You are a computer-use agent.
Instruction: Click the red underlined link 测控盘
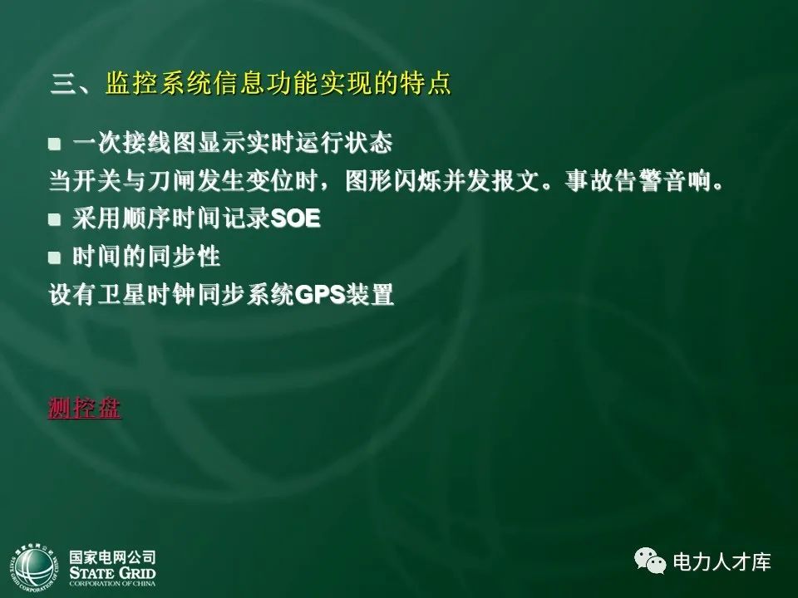click(85, 409)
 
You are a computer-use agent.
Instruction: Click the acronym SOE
click(296, 219)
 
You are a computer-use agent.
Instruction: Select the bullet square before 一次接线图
click(55, 144)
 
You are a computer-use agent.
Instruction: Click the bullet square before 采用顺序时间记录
click(55, 220)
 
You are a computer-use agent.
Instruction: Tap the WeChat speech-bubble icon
click(650, 562)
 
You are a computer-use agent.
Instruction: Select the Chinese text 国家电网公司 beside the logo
click(112, 556)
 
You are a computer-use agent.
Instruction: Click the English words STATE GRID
click(112, 572)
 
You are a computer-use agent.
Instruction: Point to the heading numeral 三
click(64, 85)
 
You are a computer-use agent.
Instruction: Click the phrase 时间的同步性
click(147, 257)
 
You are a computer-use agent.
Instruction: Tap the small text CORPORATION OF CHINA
click(112, 584)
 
